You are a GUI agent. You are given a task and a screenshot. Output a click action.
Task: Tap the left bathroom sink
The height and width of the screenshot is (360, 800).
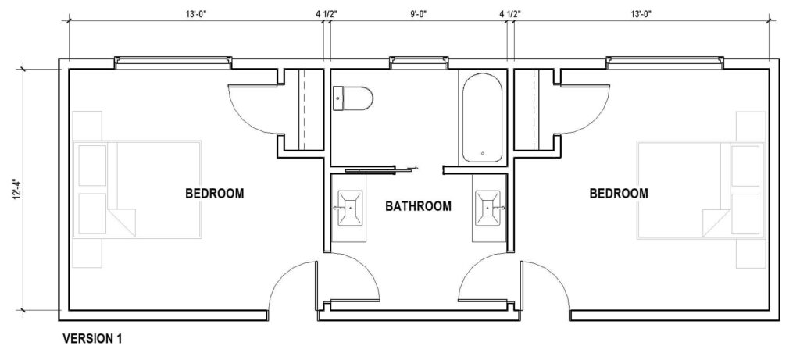(x=348, y=208)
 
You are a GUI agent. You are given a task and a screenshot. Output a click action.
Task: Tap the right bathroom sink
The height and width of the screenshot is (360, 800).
(x=489, y=208)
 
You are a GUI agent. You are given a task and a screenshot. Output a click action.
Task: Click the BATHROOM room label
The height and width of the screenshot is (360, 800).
(x=419, y=207)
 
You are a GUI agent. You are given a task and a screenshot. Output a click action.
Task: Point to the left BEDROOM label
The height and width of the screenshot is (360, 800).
(x=214, y=193)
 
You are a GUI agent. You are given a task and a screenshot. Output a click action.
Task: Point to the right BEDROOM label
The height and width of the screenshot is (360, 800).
(x=619, y=193)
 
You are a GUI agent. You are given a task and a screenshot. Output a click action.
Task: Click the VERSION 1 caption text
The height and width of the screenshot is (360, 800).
(x=92, y=339)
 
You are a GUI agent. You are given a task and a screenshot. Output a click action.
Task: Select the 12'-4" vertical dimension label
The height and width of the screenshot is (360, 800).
(x=16, y=190)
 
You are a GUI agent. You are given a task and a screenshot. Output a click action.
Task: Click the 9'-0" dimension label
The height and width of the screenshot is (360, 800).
(x=418, y=13)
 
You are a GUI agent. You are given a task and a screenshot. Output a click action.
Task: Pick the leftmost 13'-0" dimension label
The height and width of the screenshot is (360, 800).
(x=196, y=13)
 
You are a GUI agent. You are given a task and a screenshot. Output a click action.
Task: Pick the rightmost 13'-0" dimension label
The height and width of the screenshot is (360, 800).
(x=639, y=13)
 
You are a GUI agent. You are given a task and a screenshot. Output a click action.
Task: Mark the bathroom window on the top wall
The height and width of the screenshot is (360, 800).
(x=420, y=60)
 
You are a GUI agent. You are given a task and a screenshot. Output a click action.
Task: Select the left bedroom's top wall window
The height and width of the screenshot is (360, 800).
(x=173, y=60)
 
